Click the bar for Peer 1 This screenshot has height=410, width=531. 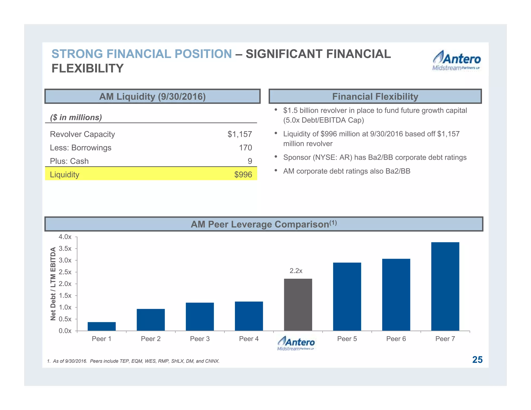(x=102, y=326)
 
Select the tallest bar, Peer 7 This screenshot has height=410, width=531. (x=445, y=286)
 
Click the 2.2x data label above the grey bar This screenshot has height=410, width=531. (x=296, y=271)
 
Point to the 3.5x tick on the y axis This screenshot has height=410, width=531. (x=65, y=249)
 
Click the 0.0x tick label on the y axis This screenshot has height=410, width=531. (x=65, y=331)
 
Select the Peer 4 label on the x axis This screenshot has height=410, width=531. (x=249, y=339)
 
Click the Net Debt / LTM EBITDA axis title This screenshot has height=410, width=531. (x=53, y=284)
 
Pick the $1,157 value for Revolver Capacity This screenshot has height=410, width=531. (x=240, y=134)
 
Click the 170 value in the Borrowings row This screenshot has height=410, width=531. (x=245, y=148)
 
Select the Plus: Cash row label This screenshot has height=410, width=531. (x=69, y=161)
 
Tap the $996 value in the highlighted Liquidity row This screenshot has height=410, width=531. (x=243, y=175)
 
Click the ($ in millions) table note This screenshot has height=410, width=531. (x=76, y=117)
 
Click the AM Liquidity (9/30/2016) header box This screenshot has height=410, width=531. (x=152, y=96)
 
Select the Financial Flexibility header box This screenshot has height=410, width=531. (x=375, y=96)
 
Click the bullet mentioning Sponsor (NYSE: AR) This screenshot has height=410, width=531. (x=375, y=158)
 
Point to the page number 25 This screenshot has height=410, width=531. (x=477, y=360)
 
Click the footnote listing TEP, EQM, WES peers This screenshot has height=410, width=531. (x=133, y=361)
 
